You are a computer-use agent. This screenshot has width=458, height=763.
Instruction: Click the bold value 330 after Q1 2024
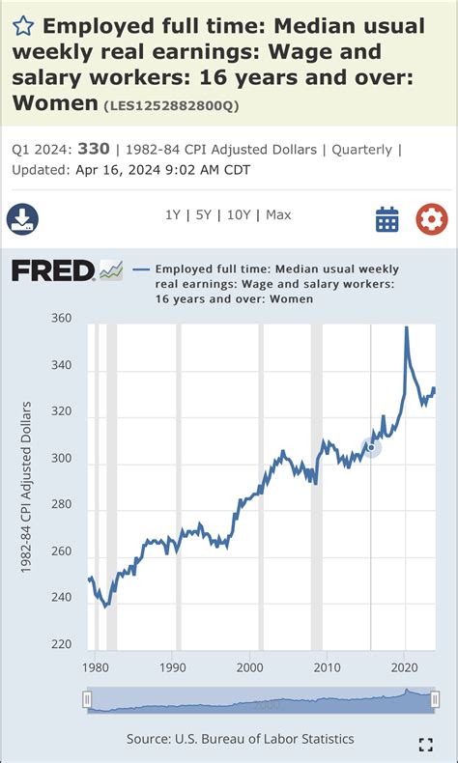(x=94, y=149)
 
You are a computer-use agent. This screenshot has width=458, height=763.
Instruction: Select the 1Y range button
(x=173, y=214)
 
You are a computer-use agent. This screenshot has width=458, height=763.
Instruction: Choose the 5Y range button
(x=203, y=214)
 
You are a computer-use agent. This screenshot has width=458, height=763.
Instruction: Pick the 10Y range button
(x=237, y=214)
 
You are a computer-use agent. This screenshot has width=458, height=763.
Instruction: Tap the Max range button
(x=278, y=214)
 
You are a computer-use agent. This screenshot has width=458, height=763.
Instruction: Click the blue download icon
(x=22, y=219)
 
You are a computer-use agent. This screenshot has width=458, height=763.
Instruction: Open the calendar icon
(x=387, y=219)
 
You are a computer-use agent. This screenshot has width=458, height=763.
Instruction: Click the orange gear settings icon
(x=431, y=219)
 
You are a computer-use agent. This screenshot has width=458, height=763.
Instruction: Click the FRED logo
(x=53, y=270)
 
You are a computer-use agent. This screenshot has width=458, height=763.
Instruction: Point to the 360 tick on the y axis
(x=61, y=319)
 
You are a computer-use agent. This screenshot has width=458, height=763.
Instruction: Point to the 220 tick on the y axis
(x=61, y=644)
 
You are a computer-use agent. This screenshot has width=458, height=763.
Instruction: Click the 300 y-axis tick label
(x=61, y=459)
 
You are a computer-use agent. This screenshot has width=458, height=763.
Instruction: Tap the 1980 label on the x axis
(x=96, y=666)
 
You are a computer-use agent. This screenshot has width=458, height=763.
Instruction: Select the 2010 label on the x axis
(x=328, y=666)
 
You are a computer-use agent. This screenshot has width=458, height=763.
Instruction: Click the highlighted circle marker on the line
(x=371, y=446)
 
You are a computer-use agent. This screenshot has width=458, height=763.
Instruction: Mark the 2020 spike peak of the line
(x=406, y=327)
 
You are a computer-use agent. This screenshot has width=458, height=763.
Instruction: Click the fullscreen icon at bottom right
(x=424, y=744)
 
